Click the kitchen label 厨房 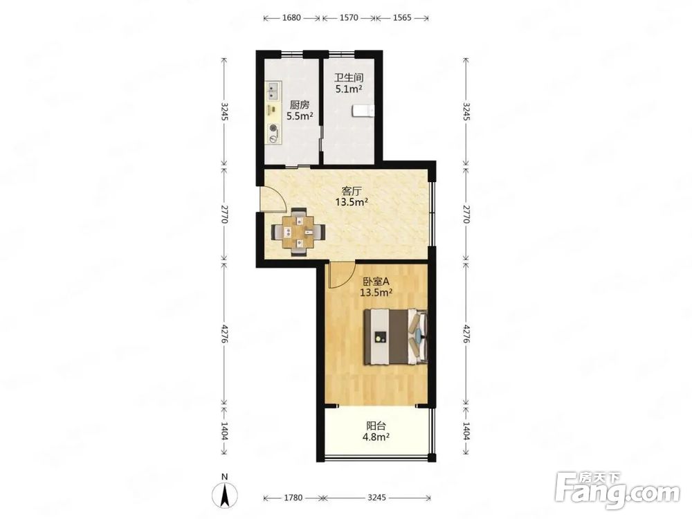(x=300, y=105)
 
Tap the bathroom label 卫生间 (x=349, y=78)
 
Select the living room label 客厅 (x=352, y=191)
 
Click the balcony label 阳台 (x=376, y=426)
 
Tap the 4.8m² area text (x=376, y=437)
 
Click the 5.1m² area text (x=349, y=89)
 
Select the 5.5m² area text (x=300, y=116)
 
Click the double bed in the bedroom (x=395, y=337)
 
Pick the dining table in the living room (x=299, y=231)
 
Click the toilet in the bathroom (x=363, y=111)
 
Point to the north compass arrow (x=225, y=495)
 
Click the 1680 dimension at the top (x=291, y=18)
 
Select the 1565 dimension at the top (x=401, y=18)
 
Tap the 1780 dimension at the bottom (x=293, y=498)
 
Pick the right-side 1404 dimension (x=466, y=430)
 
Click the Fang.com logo (x=618, y=491)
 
